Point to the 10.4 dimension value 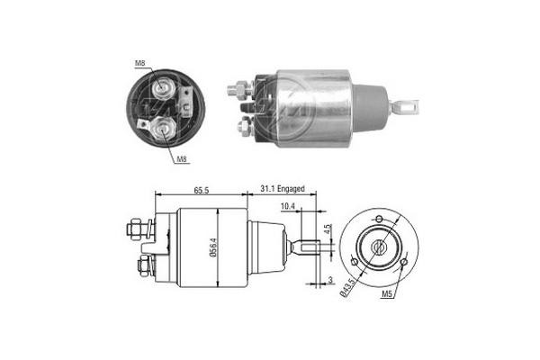(288, 206)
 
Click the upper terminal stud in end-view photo (164, 87)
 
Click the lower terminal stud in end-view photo (164, 130)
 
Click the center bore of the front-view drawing (379, 244)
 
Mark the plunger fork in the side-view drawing (307, 245)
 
